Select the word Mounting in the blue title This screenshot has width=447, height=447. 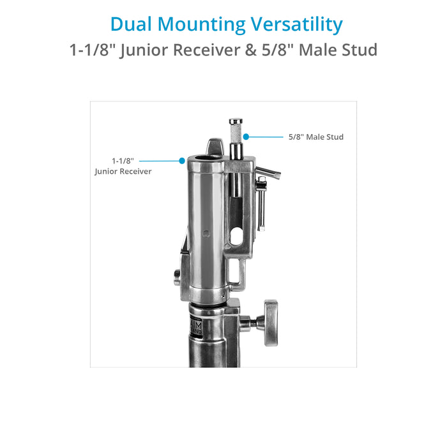[x=201, y=24]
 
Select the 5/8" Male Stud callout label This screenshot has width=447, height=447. [x=315, y=137]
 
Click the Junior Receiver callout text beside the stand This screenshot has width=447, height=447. [x=123, y=166]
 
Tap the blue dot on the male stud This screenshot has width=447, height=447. [x=245, y=136]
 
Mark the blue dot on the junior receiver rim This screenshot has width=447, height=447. [x=182, y=161]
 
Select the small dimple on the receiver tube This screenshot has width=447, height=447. [x=204, y=231]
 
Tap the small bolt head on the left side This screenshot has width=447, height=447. [x=177, y=275]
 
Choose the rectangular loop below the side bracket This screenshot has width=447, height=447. [x=236, y=275]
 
